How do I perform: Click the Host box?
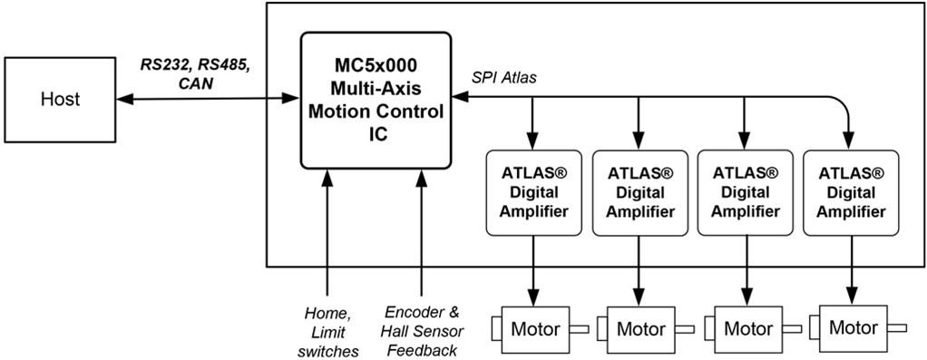60,99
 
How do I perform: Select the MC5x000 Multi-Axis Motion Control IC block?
376,99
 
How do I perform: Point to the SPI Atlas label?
503,78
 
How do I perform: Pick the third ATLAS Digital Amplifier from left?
745,191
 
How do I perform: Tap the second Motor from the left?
639,328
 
